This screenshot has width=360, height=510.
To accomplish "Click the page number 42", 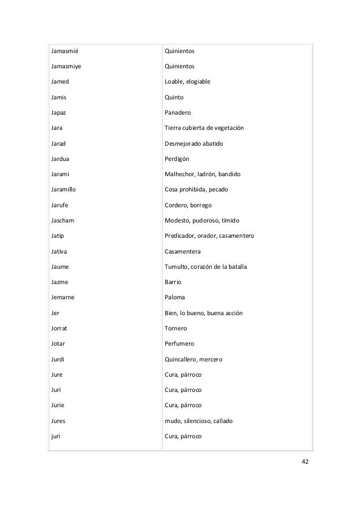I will coord(305,461).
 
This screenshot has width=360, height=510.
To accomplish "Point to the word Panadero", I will coord(178,113).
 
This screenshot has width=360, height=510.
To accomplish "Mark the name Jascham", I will coord(63,220).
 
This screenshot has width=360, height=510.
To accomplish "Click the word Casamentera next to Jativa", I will coord(182,251).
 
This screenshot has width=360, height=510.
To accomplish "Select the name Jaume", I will coord(60,267).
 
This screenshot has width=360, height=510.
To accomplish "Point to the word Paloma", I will coord(174,297).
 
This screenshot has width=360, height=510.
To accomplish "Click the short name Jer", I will coord(54,313).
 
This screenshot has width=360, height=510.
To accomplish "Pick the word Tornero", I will coord(175,328).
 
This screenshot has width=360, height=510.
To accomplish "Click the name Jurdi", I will coord(58,359).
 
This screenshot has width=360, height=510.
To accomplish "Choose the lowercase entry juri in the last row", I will coord(55,436).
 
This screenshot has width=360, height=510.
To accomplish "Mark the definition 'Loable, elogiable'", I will coord(187,82).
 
